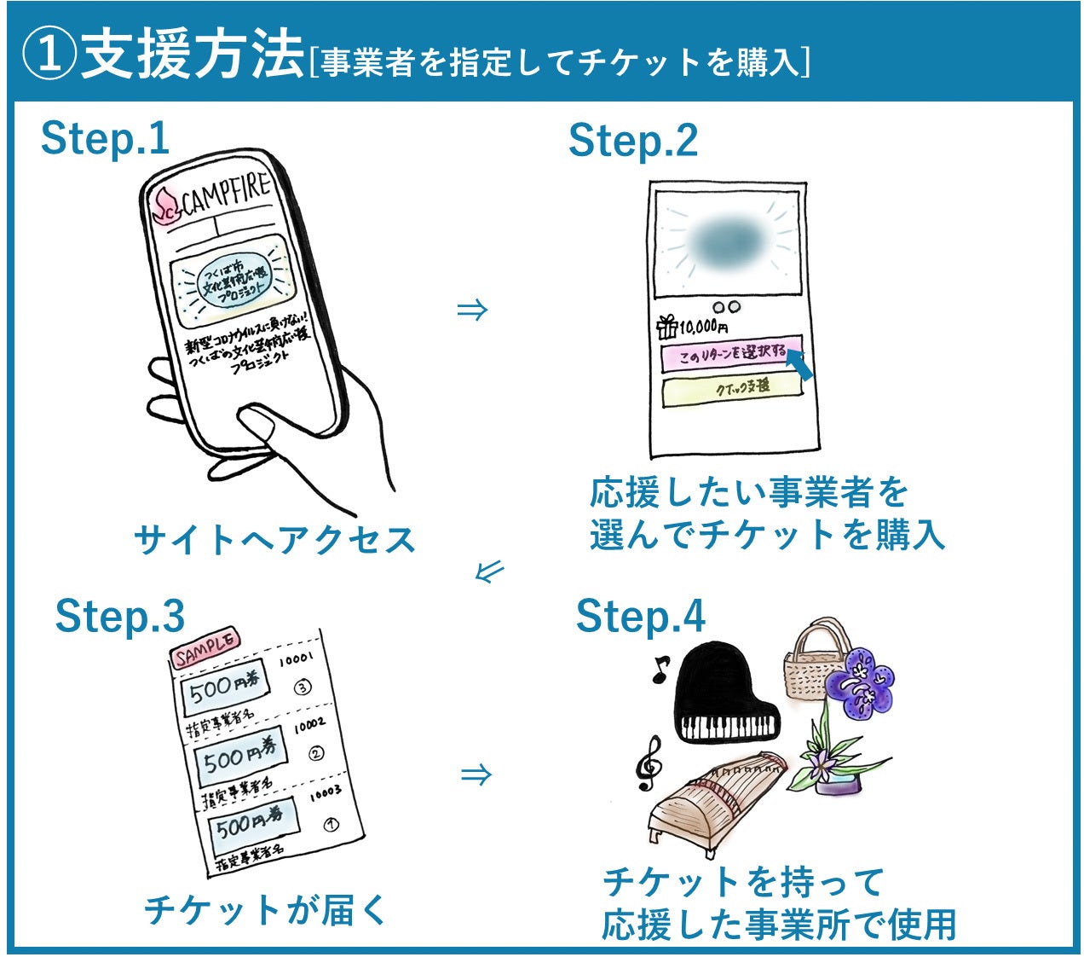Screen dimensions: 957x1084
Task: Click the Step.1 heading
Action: tap(105, 139)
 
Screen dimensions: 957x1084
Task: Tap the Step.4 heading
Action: tap(640, 616)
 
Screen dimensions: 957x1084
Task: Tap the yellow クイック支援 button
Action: tap(732, 388)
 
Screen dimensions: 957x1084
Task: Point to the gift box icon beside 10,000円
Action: tap(667, 326)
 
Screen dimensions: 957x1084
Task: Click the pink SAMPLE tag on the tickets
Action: tap(206, 650)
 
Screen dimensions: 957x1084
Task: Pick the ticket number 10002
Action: tap(310, 726)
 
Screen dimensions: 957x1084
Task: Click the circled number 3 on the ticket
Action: tap(302, 687)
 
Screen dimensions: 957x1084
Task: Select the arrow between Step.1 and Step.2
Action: tap(472, 310)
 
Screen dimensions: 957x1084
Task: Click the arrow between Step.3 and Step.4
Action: tap(476, 774)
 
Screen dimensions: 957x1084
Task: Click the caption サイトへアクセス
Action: tap(274, 540)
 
